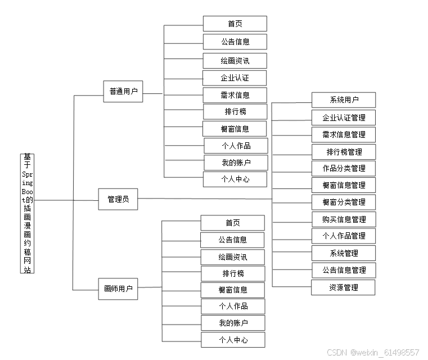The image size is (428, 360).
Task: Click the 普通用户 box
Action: click(123, 91)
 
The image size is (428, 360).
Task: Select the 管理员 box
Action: click(118, 199)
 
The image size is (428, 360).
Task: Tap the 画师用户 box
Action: click(118, 289)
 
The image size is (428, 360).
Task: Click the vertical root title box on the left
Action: click(26, 213)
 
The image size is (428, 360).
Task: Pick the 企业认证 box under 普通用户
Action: click(235, 78)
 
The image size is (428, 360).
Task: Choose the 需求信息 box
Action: click(235, 95)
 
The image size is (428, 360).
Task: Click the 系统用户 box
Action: click(344, 100)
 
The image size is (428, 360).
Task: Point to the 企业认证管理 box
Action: click(344, 118)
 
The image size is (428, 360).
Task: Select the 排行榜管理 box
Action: click(344, 151)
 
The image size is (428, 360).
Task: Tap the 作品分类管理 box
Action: click(344, 168)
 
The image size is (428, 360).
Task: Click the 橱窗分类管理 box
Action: click(344, 202)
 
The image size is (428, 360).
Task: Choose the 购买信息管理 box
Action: click(344, 219)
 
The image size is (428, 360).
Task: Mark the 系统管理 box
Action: click(344, 253)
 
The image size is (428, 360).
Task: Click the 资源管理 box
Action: click(344, 287)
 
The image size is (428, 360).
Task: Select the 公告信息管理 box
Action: click(344, 270)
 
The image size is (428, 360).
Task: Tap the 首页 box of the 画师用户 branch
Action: click(232, 223)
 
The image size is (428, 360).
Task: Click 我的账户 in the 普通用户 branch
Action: click(235, 163)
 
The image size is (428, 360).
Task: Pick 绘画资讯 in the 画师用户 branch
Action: click(232, 257)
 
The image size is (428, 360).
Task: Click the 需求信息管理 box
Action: click(344, 134)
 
